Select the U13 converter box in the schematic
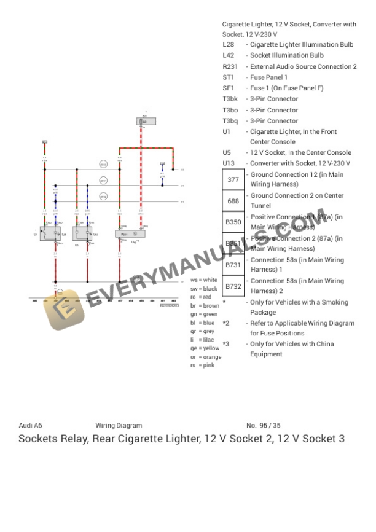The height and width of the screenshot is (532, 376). pos(130,234)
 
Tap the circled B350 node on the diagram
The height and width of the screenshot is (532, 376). pos(104,165)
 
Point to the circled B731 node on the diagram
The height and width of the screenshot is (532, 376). pos(104,181)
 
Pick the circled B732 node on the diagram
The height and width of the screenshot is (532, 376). pos(104,197)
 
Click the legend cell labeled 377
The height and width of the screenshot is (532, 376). pos(233,180)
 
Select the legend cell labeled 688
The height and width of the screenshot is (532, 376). pos(233,201)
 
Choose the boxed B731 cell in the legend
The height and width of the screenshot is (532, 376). pos(233,265)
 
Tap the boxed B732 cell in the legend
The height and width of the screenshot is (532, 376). pos(233,286)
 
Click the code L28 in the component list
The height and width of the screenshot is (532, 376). pos(228,45)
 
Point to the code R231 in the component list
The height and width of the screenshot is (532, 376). pos(230,66)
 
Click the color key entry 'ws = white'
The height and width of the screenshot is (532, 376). pos(203,280)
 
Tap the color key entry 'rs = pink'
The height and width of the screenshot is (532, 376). pos(202,365)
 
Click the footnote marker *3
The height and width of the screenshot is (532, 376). pos(226,344)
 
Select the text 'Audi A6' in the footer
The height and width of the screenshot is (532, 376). pos(30,425)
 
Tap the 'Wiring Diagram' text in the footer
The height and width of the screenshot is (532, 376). pos(119,425)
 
